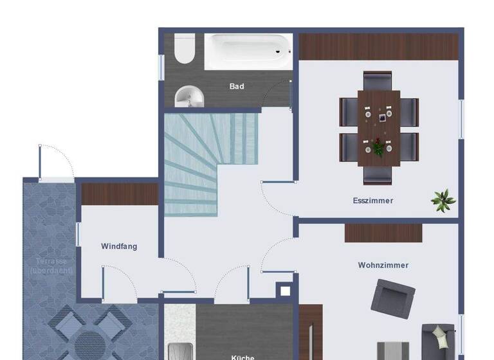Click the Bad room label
[x=237, y=86]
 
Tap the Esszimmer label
[x=373, y=201]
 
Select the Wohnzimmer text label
[x=383, y=265]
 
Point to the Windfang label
[x=119, y=246]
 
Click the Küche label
[x=242, y=356]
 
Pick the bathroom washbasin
[x=189, y=96]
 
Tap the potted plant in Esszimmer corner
[x=443, y=200]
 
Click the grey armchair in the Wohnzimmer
[x=392, y=300]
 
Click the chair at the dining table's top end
[x=378, y=82]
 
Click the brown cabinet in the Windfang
[x=120, y=194]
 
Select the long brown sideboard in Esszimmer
[x=378, y=47]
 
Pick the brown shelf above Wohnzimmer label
[x=383, y=233]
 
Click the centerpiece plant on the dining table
[x=378, y=148]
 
